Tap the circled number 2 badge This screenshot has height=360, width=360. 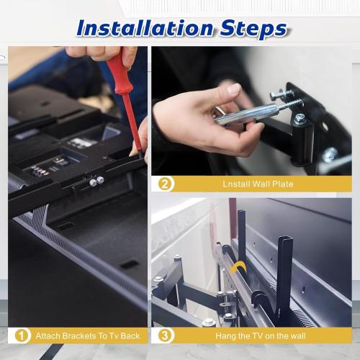point(166,184)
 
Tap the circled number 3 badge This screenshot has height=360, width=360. point(166,336)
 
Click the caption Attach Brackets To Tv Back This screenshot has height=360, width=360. point(87,336)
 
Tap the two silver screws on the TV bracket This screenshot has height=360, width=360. point(96,181)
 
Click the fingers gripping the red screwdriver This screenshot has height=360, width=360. point(90,54)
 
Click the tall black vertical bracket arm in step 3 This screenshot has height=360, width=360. point(284,266)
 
